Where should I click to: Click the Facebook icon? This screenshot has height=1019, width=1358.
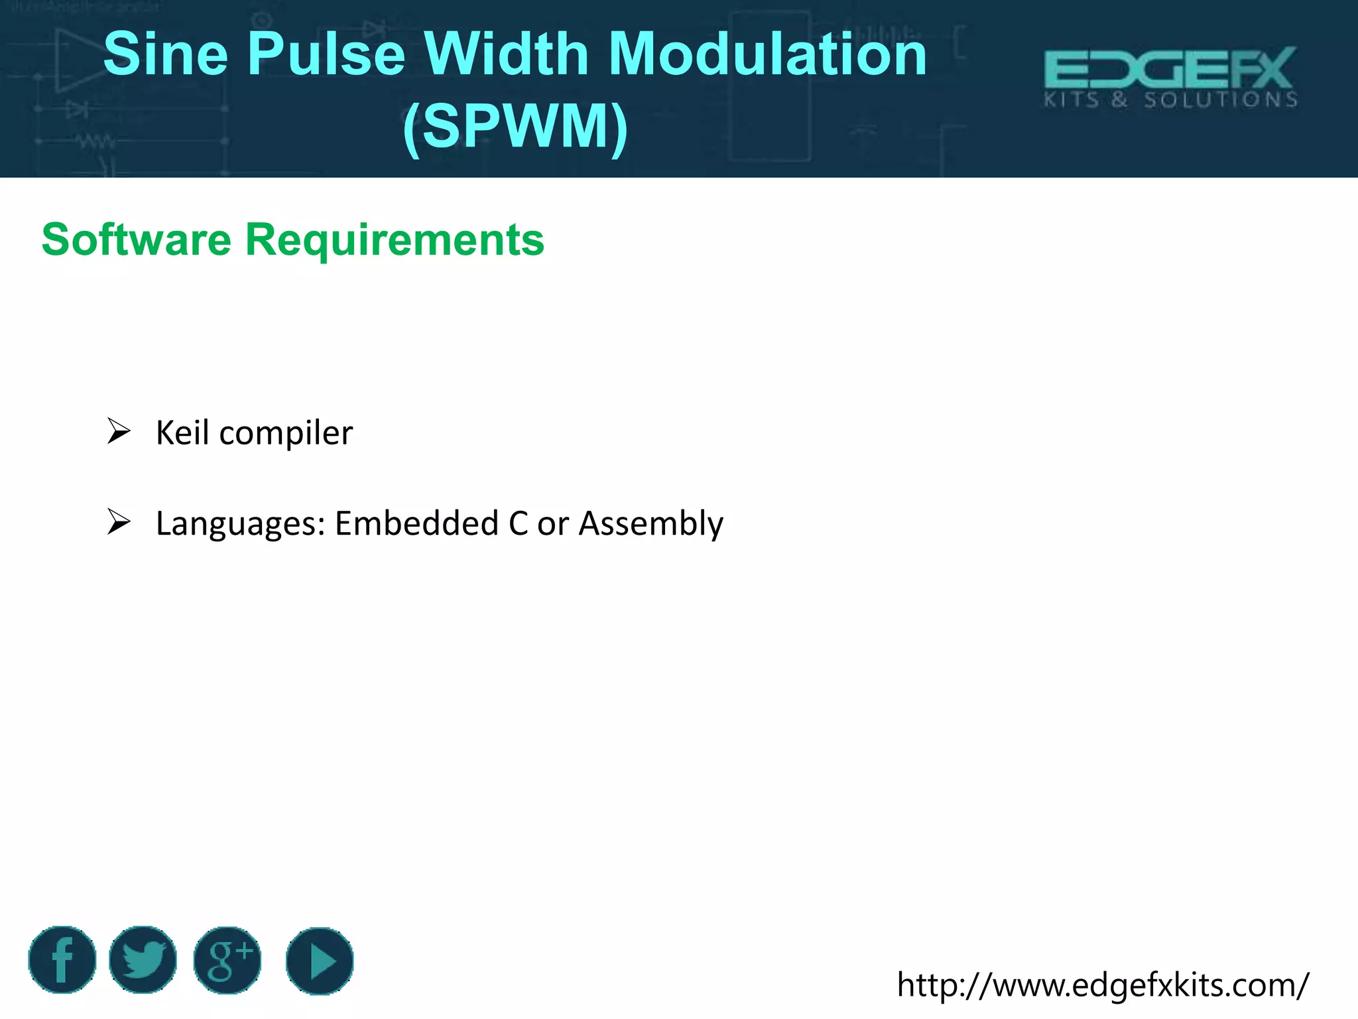click(62, 960)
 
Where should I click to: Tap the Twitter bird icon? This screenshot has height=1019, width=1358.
click(143, 960)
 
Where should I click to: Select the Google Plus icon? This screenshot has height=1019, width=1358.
click(227, 960)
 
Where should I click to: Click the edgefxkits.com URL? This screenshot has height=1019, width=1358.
click(1103, 985)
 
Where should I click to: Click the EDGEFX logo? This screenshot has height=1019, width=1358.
click(1170, 68)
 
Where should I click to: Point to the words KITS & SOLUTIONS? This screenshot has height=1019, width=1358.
click(1170, 100)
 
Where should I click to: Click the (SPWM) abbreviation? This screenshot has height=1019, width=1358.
click(515, 126)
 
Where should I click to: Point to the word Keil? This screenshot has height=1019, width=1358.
click(182, 433)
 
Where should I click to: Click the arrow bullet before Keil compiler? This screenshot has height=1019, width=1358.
click(119, 431)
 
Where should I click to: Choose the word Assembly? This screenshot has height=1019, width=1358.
click(650, 524)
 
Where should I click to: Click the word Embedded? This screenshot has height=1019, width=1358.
click(417, 523)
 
